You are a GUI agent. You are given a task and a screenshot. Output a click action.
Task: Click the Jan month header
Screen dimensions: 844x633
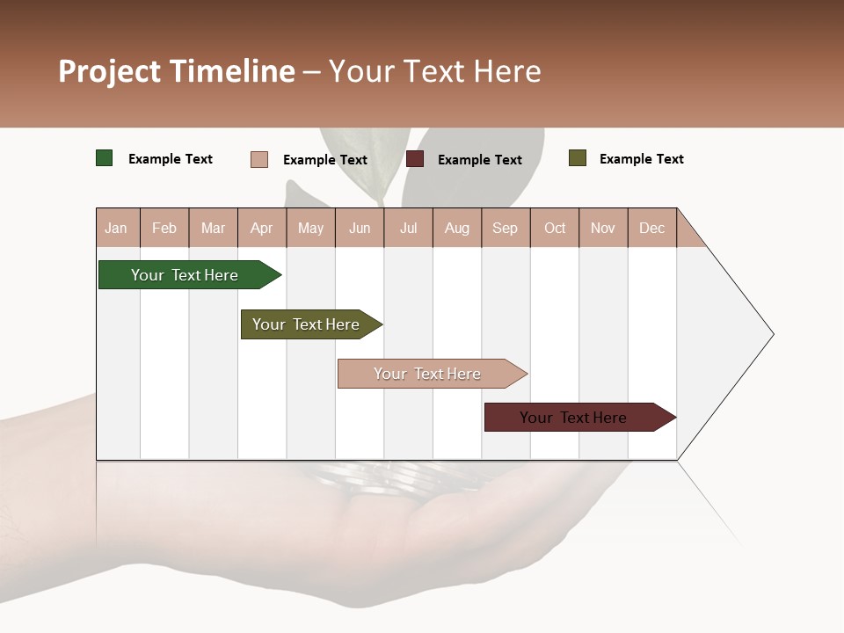point(116,228)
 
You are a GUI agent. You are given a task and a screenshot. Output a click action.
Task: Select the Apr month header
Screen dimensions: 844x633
point(261,228)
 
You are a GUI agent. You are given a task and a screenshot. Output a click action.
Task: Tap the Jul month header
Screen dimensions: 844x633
point(408,228)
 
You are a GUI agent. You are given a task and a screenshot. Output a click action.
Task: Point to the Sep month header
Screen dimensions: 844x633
point(505,228)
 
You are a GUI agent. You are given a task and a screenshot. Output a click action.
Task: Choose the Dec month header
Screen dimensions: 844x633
point(651,228)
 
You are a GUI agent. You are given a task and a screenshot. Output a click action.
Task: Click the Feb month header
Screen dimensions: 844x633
point(164,228)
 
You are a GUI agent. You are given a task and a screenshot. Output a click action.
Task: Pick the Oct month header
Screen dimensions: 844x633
point(555,228)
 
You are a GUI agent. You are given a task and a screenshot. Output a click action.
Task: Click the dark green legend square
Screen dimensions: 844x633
point(105,158)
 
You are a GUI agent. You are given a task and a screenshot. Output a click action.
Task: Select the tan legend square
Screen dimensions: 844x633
point(259,159)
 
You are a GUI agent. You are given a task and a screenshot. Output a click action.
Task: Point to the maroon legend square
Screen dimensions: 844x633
point(415,159)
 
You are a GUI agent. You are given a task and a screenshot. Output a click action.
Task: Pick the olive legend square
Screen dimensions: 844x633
point(578,158)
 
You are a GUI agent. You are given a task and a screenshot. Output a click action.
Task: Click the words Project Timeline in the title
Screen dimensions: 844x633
point(177,71)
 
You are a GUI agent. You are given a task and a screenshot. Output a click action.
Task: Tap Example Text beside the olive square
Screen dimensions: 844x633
point(641,159)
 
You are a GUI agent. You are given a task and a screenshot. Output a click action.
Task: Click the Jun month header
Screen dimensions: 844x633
point(360,228)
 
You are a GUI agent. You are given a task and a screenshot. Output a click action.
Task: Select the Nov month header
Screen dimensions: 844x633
point(603,228)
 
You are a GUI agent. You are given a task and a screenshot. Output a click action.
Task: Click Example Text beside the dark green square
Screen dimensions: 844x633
point(171,159)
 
